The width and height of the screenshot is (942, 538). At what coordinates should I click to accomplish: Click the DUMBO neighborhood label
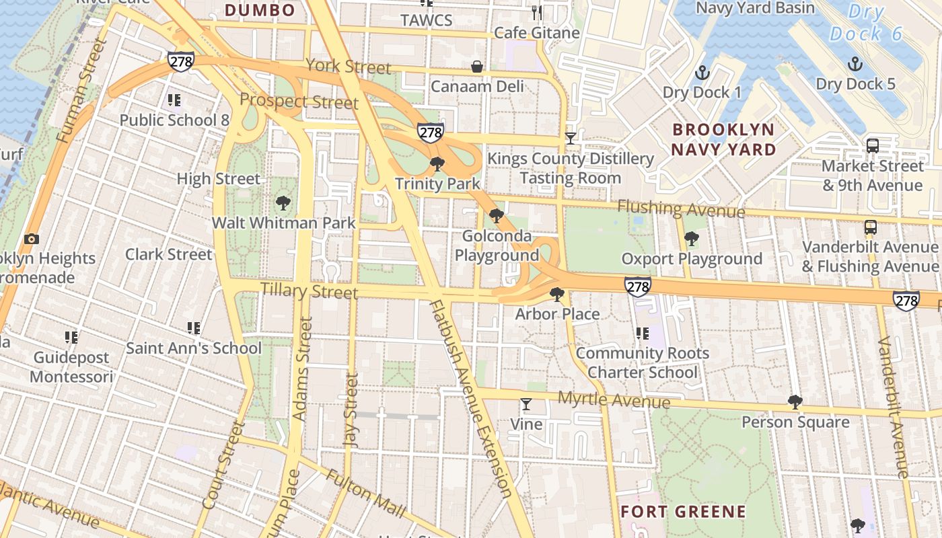[260, 10]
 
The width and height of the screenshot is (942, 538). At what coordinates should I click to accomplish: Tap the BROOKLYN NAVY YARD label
[723, 139]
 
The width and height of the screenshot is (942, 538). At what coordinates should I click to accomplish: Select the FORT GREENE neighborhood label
[683, 512]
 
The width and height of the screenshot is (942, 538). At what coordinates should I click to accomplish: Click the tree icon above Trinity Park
[437, 163]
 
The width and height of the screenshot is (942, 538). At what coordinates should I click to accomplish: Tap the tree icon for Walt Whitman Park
[283, 202]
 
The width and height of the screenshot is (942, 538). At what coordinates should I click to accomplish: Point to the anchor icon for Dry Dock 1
[702, 72]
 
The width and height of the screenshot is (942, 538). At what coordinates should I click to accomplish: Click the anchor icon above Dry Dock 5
[855, 64]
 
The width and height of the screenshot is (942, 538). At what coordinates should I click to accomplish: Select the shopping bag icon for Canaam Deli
[477, 66]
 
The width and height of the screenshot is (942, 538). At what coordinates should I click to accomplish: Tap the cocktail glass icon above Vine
[526, 404]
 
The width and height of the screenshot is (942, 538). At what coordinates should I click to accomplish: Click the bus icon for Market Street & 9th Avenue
[873, 145]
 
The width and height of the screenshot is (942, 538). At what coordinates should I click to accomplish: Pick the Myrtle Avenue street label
[614, 399]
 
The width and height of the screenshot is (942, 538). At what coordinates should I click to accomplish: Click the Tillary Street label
[309, 291]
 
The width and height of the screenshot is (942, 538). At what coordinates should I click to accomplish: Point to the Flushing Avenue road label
[681, 209]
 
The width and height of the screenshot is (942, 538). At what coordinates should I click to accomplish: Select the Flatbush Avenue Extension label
[470, 397]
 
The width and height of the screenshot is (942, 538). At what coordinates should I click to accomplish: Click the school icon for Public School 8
[174, 100]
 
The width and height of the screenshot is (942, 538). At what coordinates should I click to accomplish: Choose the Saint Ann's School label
[194, 348]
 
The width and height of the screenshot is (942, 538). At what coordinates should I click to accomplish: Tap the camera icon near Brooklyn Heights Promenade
[31, 239]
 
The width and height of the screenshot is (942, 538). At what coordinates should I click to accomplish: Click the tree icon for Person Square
[795, 402]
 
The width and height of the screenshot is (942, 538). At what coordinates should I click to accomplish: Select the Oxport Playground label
[691, 259]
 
